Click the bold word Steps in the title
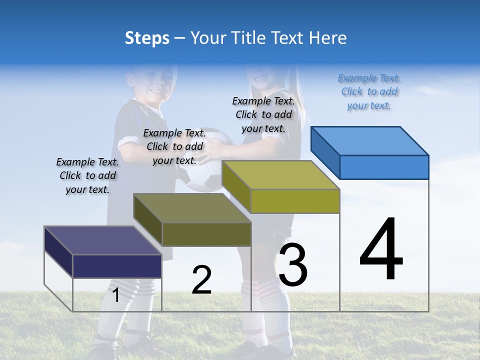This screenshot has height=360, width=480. coord(147,38)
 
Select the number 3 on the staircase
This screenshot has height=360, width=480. coord(292,265)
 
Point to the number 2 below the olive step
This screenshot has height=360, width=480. coord(201,280)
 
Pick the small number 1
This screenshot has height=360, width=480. coord(115,295)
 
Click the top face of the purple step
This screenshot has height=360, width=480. coord(103,240)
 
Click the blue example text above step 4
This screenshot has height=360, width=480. coord(369,91)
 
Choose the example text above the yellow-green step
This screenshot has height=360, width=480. coord(263,114)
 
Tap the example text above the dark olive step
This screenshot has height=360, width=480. coord(174,146)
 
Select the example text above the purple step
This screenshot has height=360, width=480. coord(87,175)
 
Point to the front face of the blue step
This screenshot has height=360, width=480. coord(384,167)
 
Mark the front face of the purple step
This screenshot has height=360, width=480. coord(117,266)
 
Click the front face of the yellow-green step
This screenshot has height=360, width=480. coord(295,201)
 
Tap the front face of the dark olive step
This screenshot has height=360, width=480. coord(206,234)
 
